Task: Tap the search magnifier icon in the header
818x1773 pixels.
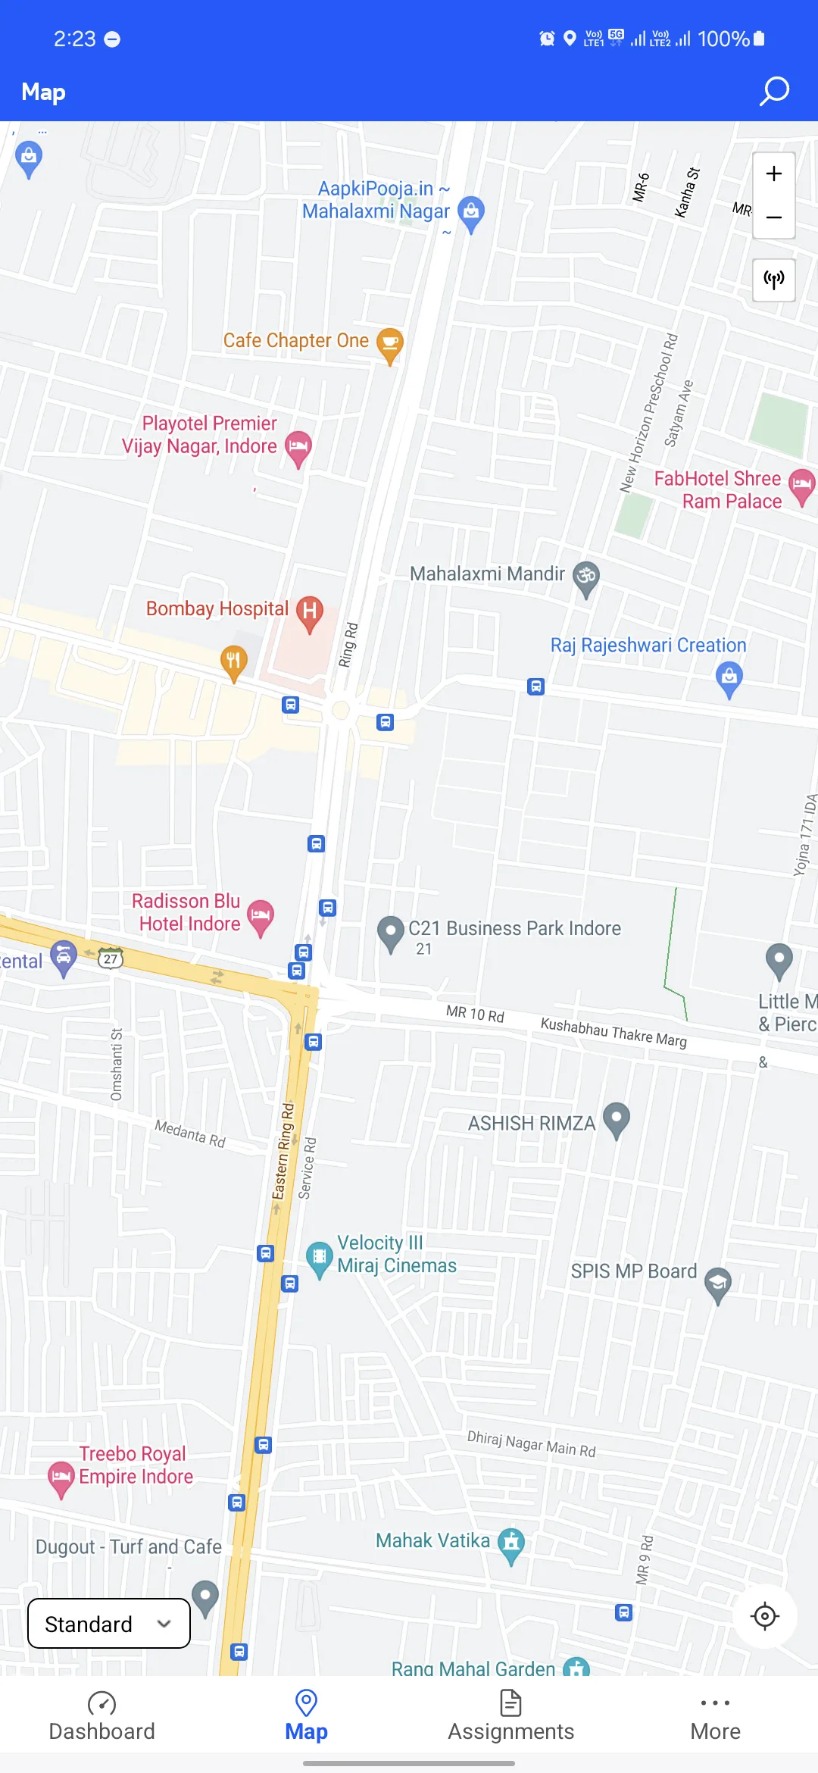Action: click(774, 92)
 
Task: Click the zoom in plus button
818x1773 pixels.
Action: click(773, 174)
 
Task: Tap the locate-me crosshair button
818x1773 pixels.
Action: click(765, 1616)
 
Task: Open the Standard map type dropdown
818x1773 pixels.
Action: click(108, 1624)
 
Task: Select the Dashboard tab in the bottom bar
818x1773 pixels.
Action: click(101, 1716)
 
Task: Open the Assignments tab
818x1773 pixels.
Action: click(510, 1716)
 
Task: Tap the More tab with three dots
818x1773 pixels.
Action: click(715, 1716)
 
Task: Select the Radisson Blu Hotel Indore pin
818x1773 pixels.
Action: click(261, 916)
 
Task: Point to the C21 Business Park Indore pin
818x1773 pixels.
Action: click(391, 932)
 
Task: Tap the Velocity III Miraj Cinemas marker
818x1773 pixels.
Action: click(320, 1257)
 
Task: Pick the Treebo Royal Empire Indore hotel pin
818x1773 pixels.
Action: click(61, 1477)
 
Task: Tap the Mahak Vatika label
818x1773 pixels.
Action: click(433, 1540)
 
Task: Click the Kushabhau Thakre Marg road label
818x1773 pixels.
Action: click(613, 1032)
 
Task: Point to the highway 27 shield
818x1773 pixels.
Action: click(111, 958)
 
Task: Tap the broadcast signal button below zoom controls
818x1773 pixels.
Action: click(773, 280)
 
